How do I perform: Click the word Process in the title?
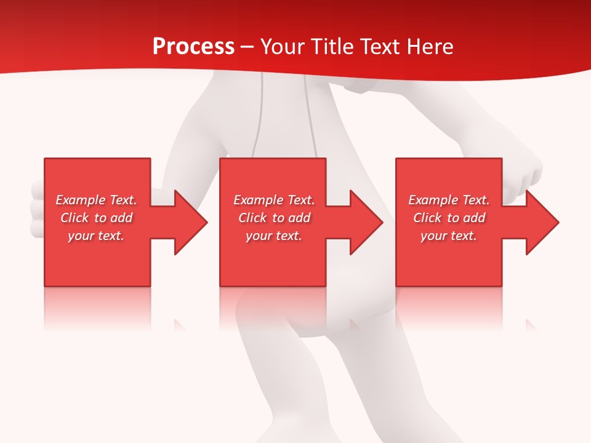(x=193, y=47)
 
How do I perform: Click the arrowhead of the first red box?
(x=187, y=222)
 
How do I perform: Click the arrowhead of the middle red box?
(x=363, y=222)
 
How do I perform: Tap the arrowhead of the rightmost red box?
(x=539, y=222)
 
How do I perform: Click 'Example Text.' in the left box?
(x=96, y=200)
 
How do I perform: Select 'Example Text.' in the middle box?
(x=274, y=200)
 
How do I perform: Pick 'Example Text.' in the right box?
(x=449, y=200)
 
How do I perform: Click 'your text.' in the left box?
(x=96, y=236)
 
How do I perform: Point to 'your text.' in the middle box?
(x=274, y=236)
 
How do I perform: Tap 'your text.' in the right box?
(x=449, y=236)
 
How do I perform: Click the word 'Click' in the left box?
(x=75, y=218)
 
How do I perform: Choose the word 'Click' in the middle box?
(x=252, y=218)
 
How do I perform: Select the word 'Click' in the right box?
(x=427, y=218)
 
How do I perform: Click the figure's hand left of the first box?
(x=37, y=209)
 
